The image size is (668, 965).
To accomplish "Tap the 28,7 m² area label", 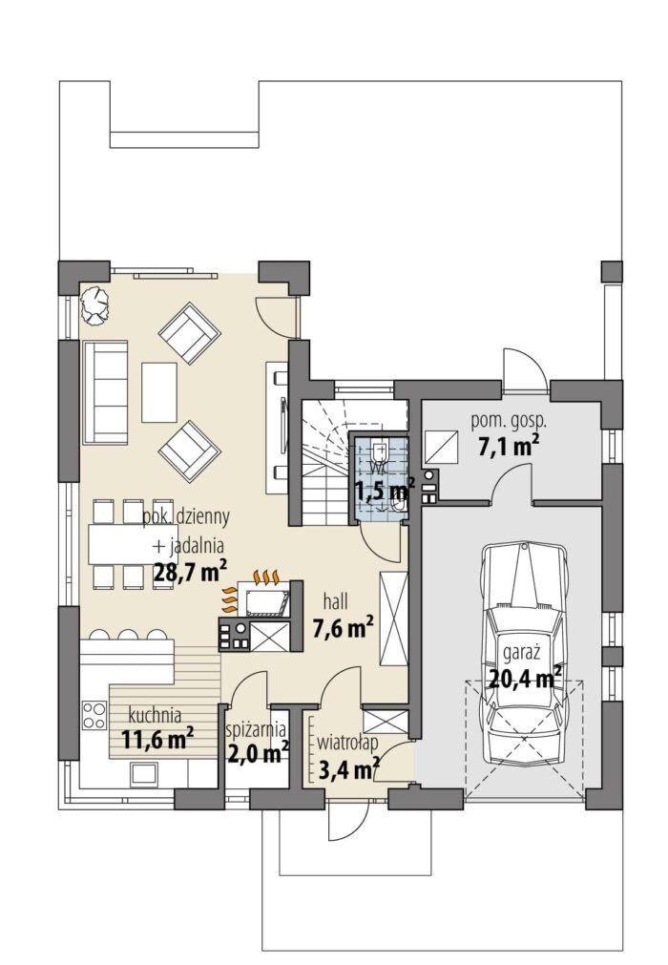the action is coord(190,571).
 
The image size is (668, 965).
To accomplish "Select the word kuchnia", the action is coord(155,715).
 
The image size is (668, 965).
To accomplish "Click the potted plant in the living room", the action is coord(94,305).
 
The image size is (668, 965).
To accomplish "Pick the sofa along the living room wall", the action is coord(105,392).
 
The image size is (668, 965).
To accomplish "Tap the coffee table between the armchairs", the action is coord(159,392).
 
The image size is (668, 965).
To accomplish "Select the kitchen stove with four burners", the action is coord(94,715).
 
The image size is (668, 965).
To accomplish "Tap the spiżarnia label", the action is coord(257,730).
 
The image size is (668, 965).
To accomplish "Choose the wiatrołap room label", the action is coord(347,743).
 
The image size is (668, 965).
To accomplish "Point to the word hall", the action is coord(336,600).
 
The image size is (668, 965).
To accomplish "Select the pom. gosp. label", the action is coord(509,423).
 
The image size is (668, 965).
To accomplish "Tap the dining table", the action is coord(123,544).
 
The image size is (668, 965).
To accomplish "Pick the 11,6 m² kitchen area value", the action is coord(157,738).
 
